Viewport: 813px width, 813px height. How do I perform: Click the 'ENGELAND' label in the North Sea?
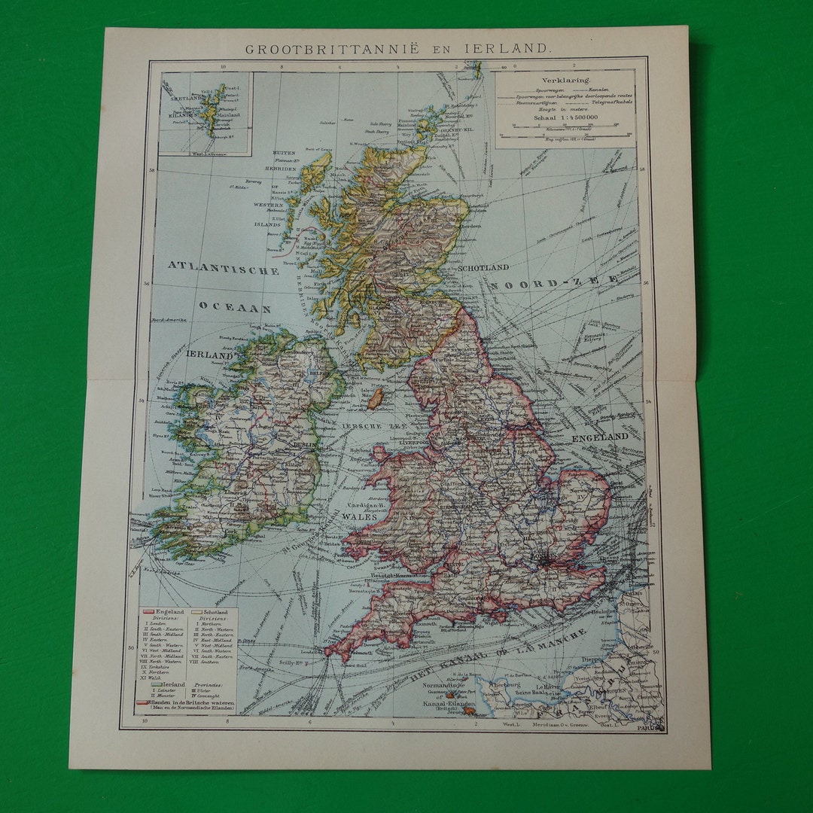pyautogui.click(x=600, y=437)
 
